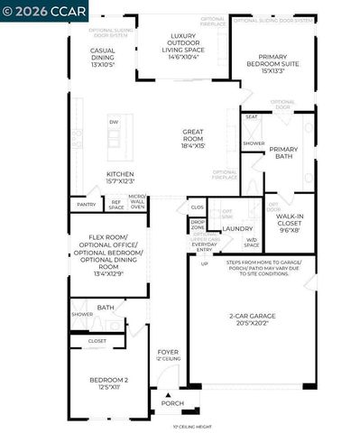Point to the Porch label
point(171,403)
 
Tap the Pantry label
point(87,205)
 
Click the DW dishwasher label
point(113,122)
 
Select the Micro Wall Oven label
point(137,201)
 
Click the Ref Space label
point(115,205)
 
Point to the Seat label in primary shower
point(252,116)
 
